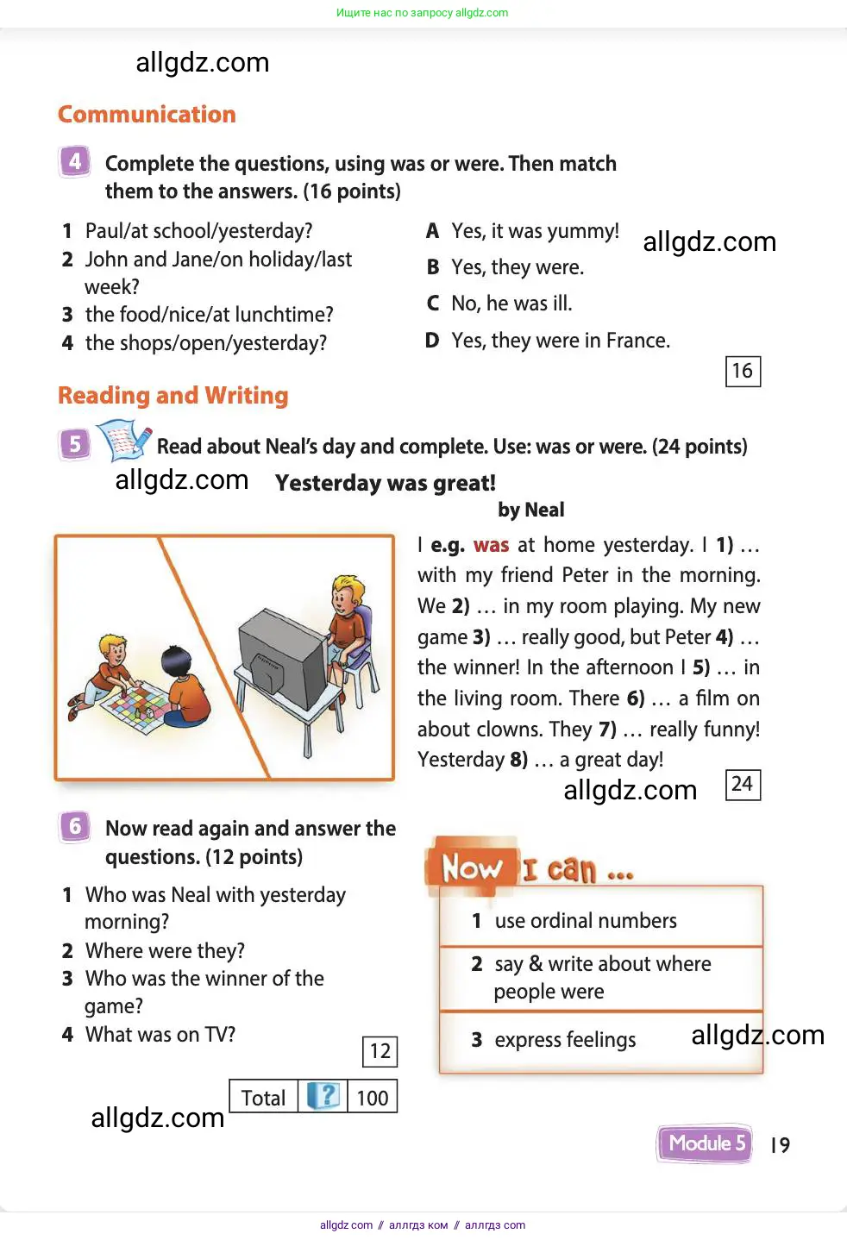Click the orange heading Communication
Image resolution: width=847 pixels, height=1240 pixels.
point(147,115)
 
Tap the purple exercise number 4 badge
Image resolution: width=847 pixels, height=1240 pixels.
point(75,161)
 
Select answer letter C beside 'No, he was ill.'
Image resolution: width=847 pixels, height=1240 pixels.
point(433,304)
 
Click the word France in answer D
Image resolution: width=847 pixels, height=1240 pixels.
point(637,341)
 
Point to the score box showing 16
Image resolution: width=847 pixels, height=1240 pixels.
point(743,372)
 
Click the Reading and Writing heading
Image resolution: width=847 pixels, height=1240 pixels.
point(173,396)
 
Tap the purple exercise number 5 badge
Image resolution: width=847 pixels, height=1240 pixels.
point(75,443)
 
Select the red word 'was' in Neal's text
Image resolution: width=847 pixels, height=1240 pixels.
point(491,545)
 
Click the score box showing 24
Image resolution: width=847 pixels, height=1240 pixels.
point(743,784)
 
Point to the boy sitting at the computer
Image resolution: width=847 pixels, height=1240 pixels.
point(349,621)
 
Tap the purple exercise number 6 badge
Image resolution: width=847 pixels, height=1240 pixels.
point(75,826)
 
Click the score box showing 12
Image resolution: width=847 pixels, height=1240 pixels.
point(380,1051)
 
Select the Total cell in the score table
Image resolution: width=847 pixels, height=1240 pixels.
point(263,1098)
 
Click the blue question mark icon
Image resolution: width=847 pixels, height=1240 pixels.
point(323,1096)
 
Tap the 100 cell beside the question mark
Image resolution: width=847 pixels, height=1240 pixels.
point(373,1098)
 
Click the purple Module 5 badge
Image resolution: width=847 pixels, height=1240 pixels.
point(705,1144)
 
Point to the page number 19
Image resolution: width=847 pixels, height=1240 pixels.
point(780,1145)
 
